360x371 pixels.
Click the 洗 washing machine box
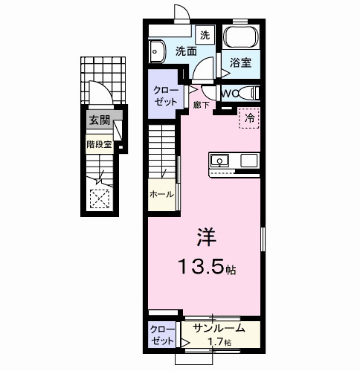pyautogui.click(x=205, y=35)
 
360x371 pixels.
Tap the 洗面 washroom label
pyautogui.click(x=186, y=51)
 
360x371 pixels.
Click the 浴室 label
pyautogui.click(x=240, y=63)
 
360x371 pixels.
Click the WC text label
pyautogui.click(x=229, y=93)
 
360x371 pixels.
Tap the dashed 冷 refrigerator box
pyautogui.click(x=248, y=118)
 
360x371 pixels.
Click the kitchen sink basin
pyautogui.click(x=222, y=161)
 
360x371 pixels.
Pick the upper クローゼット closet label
pyautogui.click(x=164, y=95)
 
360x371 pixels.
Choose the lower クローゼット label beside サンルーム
pyautogui.click(x=162, y=334)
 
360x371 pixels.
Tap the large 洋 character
pyautogui.click(x=206, y=237)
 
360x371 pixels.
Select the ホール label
pyautogui.click(x=162, y=195)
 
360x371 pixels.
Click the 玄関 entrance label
pyautogui.click(x=99, y=120)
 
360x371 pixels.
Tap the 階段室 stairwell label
pyautogui.click(x=98, y=145)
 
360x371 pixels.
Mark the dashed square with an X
pyautogui.click(x=99, y=199)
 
